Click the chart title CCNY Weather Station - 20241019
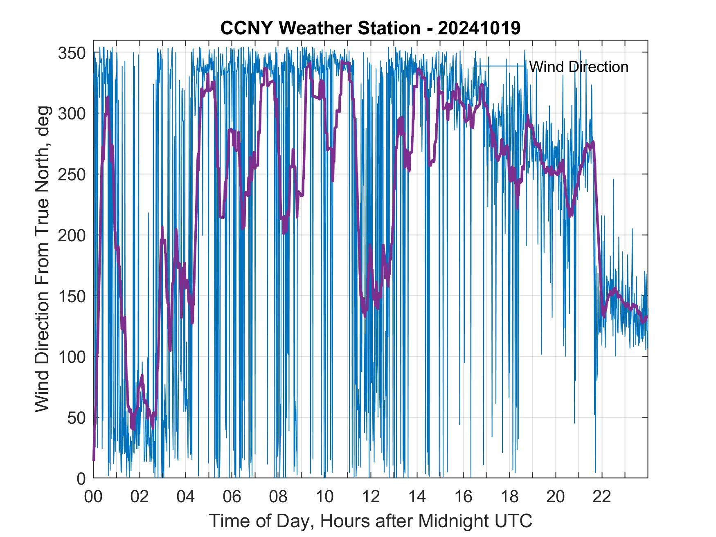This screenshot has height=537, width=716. pos(370,28)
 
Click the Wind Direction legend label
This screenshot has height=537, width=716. pos(579,67)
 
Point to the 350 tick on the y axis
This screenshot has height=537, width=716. pos(72,53)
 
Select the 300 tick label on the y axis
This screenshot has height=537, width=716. pos(72,113)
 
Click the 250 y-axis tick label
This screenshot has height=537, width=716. pos(72,174)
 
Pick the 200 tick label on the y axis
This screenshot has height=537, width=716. pos(72,235)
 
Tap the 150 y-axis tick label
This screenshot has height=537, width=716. pos(72,296)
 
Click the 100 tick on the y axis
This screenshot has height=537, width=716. pos(72,357)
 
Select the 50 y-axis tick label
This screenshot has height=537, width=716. pos(76,418)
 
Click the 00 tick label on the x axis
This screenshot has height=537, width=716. pos(93,497)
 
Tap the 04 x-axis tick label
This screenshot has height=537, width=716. pos(185,497)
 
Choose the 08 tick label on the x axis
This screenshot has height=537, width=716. pos(278,497)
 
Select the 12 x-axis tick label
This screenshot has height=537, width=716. pos(371,497)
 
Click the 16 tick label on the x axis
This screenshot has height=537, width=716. pos(463,497)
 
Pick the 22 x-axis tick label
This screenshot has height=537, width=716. pos(602,497)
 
